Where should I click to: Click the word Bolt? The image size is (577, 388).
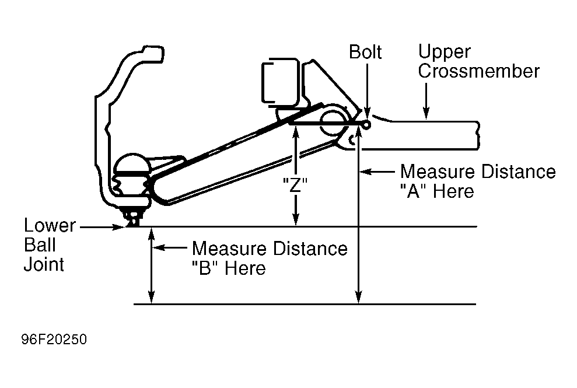tap(365, 52)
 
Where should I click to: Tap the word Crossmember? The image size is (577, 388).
tap(478, 71)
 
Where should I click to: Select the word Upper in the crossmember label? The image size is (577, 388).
tap(444, 53)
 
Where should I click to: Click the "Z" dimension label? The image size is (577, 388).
tap(295, 185)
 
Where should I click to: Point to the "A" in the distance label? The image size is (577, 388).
tap(413, 191)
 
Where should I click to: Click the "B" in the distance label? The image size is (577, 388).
tap(205, 268)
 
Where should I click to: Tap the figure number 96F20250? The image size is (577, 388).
tap(54, 340)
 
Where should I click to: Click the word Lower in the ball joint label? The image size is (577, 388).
tap(50, 225)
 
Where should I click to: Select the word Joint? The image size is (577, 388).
tap(44, 264)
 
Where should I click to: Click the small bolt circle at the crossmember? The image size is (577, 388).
tap(366, 125)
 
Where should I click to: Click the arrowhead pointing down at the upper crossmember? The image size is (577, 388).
tap(426, 114)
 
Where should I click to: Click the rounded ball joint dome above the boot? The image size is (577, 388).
tap(132, 163)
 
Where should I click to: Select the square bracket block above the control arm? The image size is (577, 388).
tap(279, 81)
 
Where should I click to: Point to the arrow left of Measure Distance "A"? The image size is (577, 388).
tap(377, 172)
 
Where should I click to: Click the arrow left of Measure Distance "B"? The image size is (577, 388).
tap(170, 248)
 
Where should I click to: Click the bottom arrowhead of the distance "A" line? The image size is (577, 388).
tap(359, 298)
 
